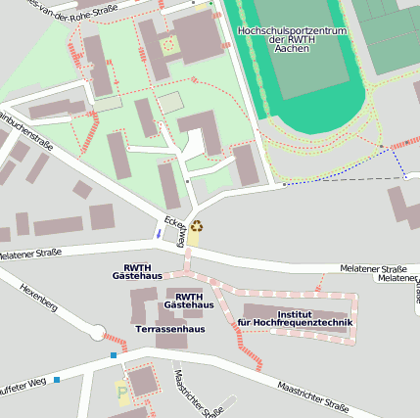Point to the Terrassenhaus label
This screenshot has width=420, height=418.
point(169,329)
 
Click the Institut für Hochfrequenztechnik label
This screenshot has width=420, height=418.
point(295,317)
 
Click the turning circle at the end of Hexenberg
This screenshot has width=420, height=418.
point(97,334)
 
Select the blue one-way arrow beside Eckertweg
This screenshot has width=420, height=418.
point(159,234)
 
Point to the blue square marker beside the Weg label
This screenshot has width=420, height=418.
point(57,379)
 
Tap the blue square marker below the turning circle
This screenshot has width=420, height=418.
point(114,354)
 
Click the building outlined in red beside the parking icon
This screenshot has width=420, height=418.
point(145,380)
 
